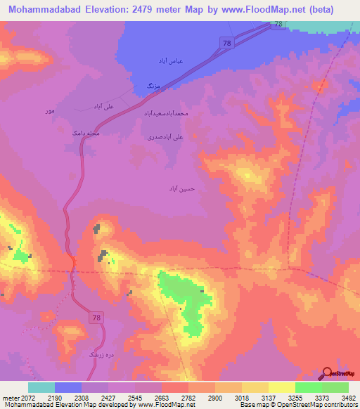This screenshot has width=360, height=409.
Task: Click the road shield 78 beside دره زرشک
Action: (96, 318)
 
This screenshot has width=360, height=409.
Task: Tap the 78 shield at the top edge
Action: (278, 25)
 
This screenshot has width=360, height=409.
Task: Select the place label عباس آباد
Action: (170, 61)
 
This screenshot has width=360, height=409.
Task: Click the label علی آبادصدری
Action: (165, 138)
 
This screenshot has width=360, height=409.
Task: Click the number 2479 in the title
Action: (157, 9)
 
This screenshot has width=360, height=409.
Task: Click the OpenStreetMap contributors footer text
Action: (318, 405)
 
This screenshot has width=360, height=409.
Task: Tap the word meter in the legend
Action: (11, 397)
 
